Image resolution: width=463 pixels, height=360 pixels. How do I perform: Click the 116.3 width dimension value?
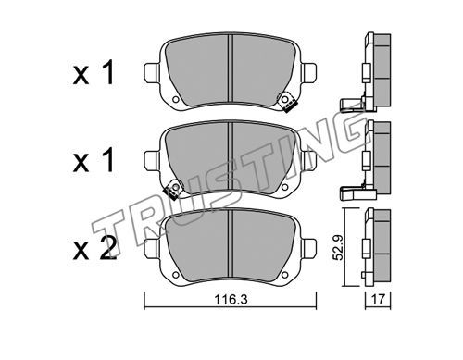[231, 300]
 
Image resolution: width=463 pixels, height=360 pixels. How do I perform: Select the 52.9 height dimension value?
[339, 247]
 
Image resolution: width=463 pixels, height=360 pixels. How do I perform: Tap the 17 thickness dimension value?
[378, 299]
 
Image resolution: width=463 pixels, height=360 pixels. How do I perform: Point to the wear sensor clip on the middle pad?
[173, 189]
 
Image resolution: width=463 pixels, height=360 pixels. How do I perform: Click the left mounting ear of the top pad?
[152, 73]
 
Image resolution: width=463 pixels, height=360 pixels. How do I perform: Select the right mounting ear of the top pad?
[308, 73]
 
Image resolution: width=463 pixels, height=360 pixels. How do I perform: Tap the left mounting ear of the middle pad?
[152, 160]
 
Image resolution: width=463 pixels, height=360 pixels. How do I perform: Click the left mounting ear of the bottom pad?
[152, 248]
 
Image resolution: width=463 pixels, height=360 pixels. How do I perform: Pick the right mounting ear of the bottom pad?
[308, 248]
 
